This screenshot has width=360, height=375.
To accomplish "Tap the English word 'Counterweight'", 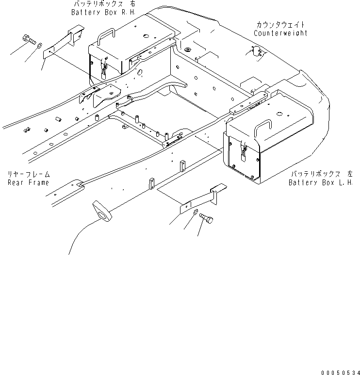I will pyautogui.click(x=280, y=33).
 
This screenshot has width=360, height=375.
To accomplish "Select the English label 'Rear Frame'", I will pyautogui.click(x=28, y=182).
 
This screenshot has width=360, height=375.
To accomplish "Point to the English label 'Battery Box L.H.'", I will pyautogui.click(x=320, y=182).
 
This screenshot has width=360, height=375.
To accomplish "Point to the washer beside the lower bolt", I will pyautogui.click(x=195, y=212).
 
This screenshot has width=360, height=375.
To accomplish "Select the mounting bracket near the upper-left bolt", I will pyautogui.click(x=62, y=43).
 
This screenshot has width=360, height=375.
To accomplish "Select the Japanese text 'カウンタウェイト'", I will pyautogui.click(x=280, y=25).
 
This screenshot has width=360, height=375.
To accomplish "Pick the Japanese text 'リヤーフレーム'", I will pyautogui.click(x=28, y=174).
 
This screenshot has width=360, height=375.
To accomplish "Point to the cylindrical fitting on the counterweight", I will pyautogui.click(x=257, y=51).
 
